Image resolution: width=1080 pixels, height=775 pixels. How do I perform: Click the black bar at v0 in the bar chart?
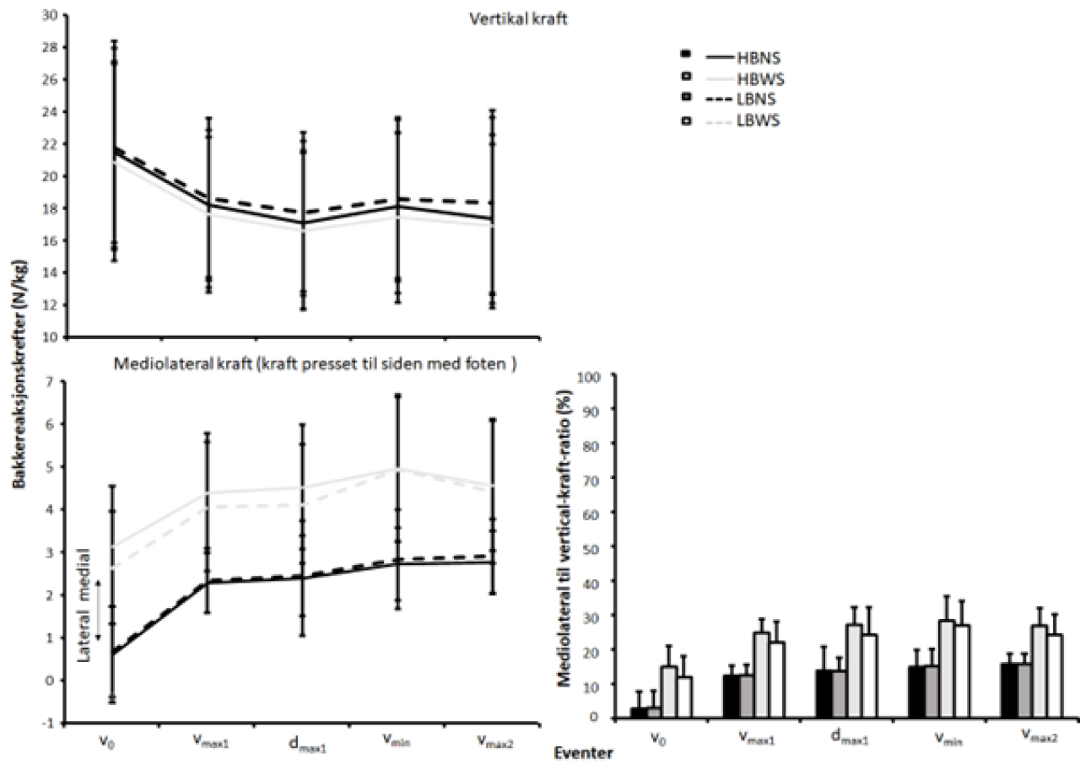[x=640, y=713]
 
